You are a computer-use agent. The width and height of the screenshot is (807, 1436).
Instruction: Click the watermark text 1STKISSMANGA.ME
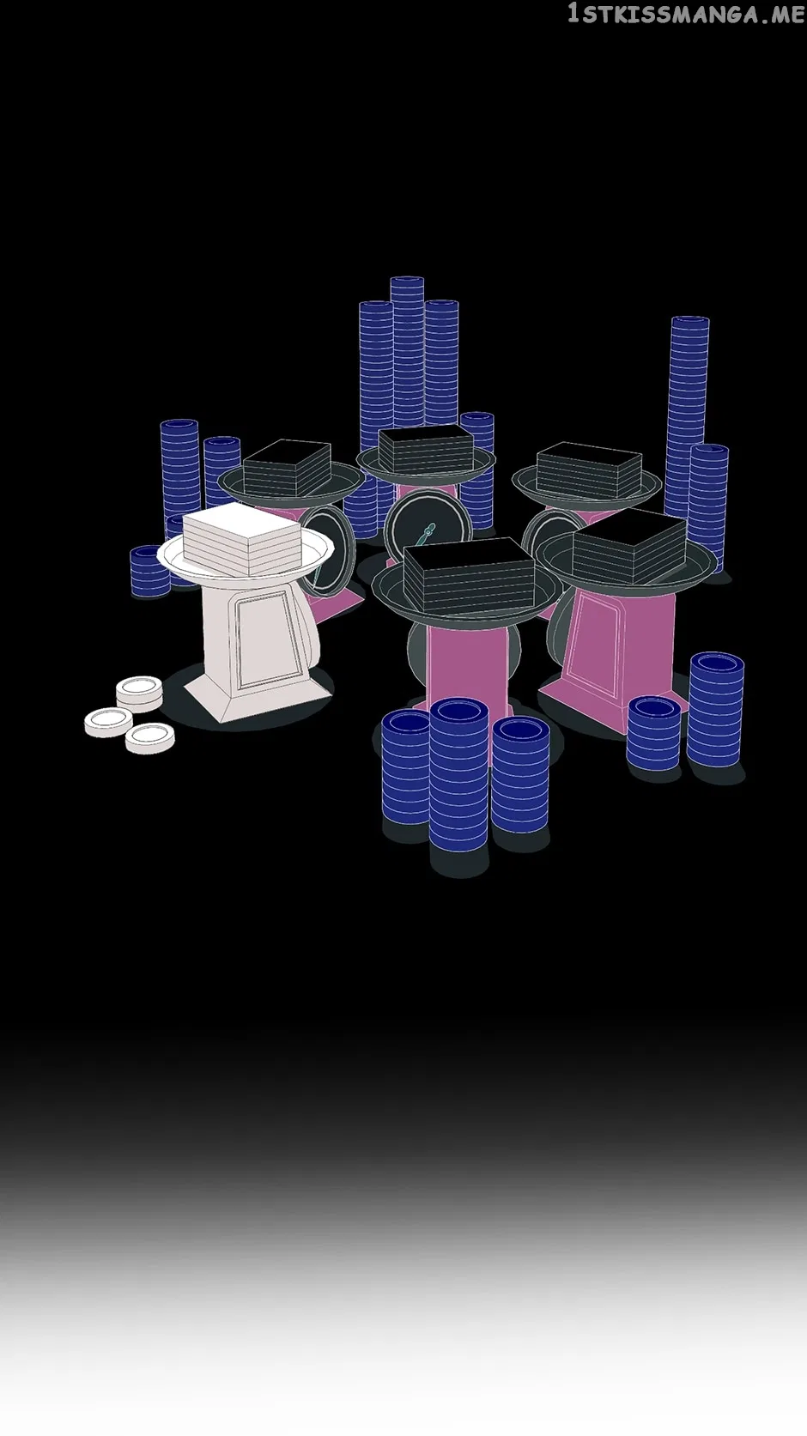tap(686, 14)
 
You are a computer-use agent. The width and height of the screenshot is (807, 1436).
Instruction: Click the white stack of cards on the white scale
tap(241, 538)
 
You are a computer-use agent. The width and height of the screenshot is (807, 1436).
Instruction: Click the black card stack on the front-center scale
tap(470, 575)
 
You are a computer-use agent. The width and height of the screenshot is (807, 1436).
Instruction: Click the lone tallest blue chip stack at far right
tap(688, 416)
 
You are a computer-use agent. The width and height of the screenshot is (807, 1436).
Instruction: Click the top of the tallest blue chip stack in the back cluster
tap(407, 283)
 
